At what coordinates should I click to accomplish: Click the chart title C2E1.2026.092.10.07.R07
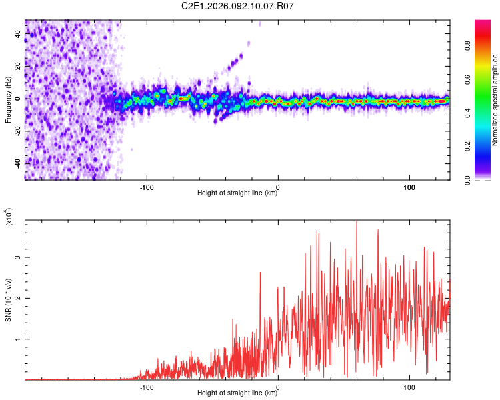[x=237, y=6]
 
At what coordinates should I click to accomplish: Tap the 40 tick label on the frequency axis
[x=18, y=33]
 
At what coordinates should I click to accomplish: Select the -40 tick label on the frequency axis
[x=18, y=163]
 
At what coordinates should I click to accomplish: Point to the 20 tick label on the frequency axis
[x=18, y=66]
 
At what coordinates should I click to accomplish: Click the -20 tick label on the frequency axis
[x=18, y=131]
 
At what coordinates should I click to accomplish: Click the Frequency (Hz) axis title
[x=8, y=100]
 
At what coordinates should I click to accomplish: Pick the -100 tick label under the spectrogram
[x=147, y=187]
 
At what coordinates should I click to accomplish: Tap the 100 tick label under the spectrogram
[x=409, y=187]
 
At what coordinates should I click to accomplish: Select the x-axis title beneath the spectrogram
[x=237, y=193]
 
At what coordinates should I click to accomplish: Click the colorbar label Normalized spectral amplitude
[x=495, y=100]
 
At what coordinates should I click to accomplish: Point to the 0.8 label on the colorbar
[x=467, y=46]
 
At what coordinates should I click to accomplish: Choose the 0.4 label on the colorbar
[x=467, y=113]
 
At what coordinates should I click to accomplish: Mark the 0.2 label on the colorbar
[x=467, y=147]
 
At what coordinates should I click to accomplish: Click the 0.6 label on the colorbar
[x=467, y=80]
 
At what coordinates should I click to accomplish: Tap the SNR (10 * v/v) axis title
[x=8, y=300]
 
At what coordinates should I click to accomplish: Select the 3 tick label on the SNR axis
[x=18, y=257]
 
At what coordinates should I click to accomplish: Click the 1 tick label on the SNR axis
[x=18, y=339]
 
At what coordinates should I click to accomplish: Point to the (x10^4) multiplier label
[x=9, y=217]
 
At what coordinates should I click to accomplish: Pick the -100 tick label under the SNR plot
[x=147, y=387]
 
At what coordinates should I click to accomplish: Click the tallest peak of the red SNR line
[x=357, y=221]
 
